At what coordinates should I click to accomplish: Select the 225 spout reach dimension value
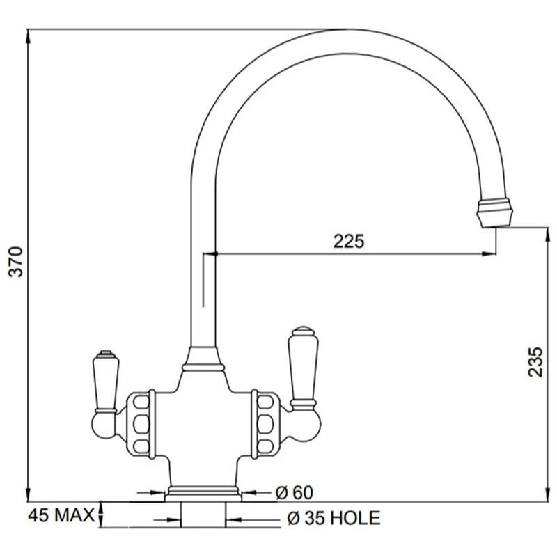348,242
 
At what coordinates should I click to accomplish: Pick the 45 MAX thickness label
61,515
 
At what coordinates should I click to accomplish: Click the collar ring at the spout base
203,360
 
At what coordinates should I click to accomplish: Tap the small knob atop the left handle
104,353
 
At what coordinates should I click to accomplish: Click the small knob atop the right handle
304,329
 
